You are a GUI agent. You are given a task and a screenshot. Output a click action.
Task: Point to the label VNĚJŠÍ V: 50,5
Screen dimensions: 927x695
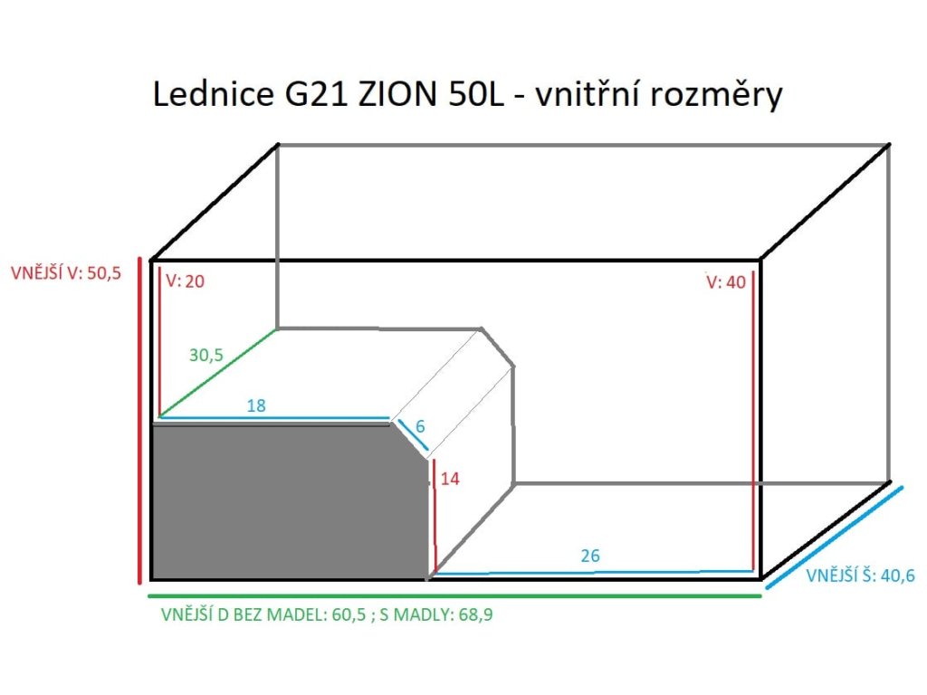point(66,272)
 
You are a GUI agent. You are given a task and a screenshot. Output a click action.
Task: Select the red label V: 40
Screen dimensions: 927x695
point(726,281)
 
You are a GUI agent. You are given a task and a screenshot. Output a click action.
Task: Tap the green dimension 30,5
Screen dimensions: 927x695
point(206,356)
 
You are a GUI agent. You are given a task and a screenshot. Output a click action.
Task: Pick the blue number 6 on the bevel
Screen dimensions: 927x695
point(418,424)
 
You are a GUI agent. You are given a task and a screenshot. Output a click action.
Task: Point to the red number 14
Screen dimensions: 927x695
point(450,479)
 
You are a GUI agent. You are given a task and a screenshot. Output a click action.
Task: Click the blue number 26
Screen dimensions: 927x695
point(590,556)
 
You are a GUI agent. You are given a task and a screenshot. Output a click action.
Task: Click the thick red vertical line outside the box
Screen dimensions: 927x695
point(139,421)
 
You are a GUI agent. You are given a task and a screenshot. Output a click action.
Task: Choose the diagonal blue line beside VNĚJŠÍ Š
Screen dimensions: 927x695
point(835,537)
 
